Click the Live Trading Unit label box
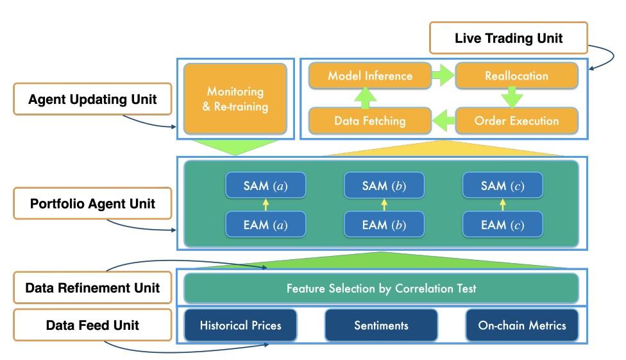click(x=508, y=38)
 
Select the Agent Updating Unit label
click(x=92, y=99)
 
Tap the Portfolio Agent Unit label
click(x=92, y=203)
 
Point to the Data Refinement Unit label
click(x=92, y=287)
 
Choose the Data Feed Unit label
click(x=92, y=325)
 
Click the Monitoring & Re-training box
click(x=235, y=99)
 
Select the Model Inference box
click(x=370, y=76)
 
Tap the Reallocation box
click(x=516, y=76)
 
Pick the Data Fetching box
click(x=370, y=121)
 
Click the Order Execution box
click(x=516, y=121)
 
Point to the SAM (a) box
click(x=266, y=185)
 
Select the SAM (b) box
click(x=384, y=185)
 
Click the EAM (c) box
click(x=503, y=225)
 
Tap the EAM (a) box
click(x=266, y=225)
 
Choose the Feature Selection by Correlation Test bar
click(x=381, y=288)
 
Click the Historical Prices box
click(x=241, y=325)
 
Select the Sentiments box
click(x=381, y=325)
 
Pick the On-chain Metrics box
click(x=522, y=325)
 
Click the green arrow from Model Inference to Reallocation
click(x=443, y=76)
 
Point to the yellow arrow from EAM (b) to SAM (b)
click(x=384, y=205)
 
